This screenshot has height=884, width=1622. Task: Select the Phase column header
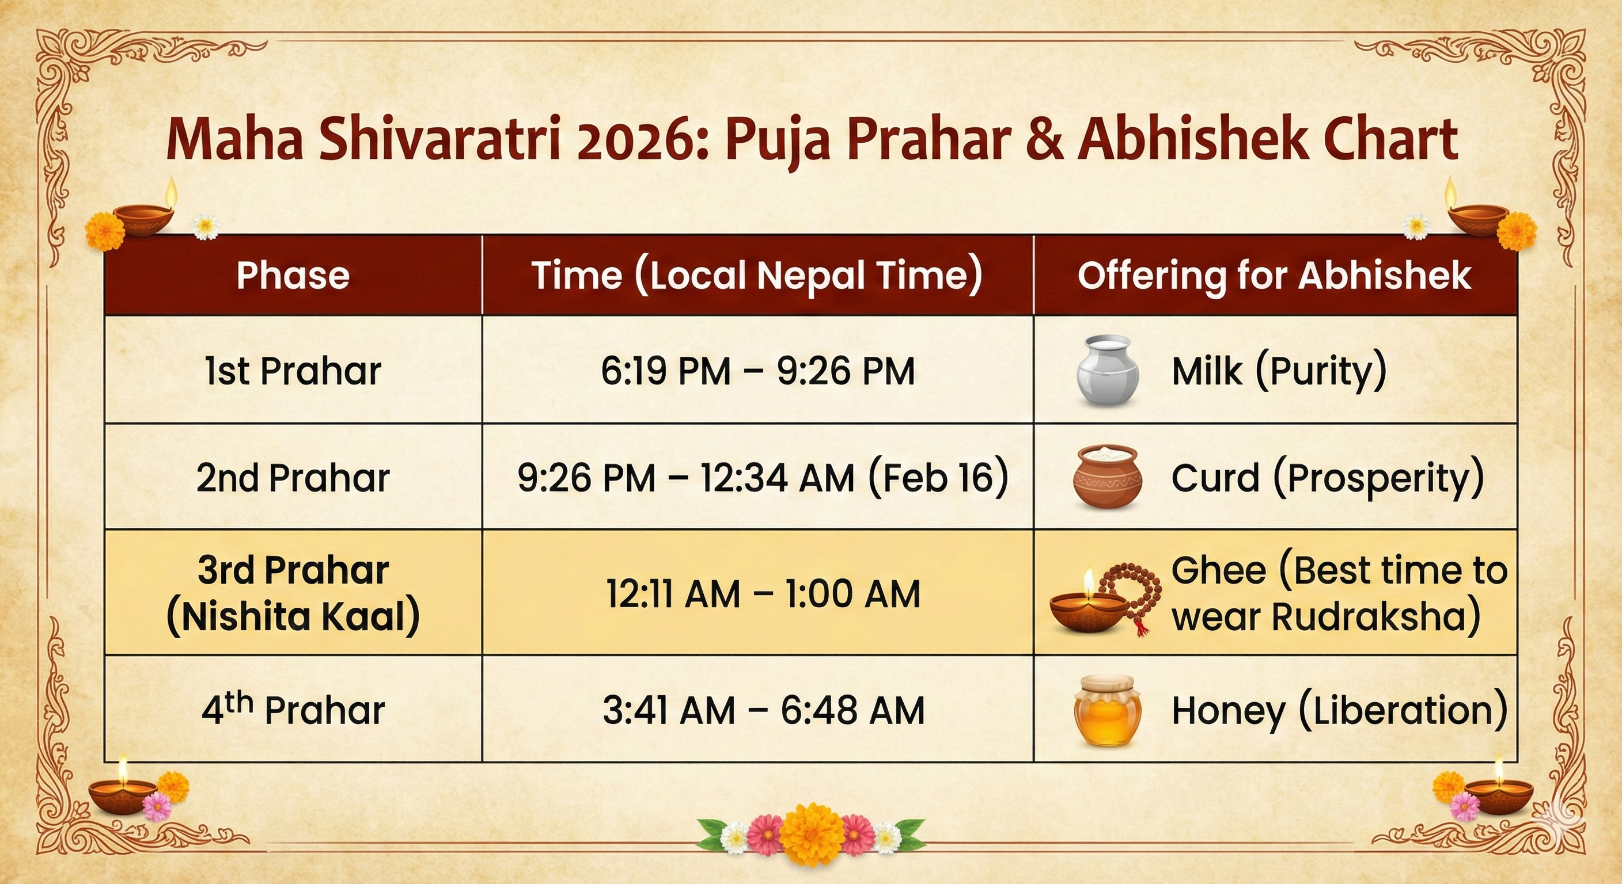click(x=293, y=275)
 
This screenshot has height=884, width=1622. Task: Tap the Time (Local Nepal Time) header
click(x=757, y=275)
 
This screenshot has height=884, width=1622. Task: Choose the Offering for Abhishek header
click(x=1275, y=275)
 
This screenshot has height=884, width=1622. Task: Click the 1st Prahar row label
click(x=293, y=371)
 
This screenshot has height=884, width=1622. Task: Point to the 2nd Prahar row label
click(x=293, y=478)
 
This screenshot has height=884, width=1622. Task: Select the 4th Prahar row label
click(x=293, y=709)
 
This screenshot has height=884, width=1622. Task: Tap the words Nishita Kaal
click(x=293, y=616)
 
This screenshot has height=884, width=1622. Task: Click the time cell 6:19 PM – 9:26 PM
click(x=757, y=371)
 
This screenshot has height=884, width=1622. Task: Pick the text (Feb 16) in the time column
click(x=938, y=478)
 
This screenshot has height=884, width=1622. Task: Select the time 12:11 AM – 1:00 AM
click(x=763, y=593)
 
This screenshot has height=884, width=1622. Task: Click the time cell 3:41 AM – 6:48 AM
click(x=763, y=710)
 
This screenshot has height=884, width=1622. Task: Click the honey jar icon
click(x=1107, y=710)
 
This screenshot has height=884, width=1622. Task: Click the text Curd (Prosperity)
click(x=1328, y=478)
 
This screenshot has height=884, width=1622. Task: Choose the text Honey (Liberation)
click(x=1340, y=710)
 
